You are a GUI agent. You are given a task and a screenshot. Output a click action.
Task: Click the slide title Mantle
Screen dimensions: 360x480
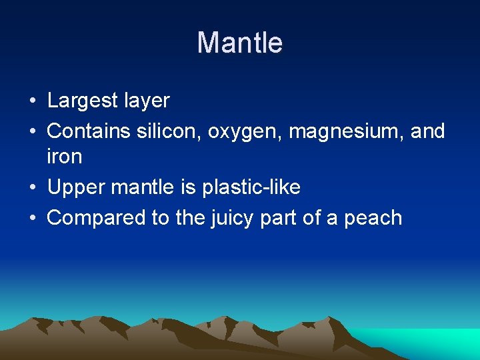click(x=240, y=43)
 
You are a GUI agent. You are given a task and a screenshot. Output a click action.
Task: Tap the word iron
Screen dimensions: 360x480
click(x=64, y=157)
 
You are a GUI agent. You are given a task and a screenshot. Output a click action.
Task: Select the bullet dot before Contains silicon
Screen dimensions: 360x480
click(x=31, y=132)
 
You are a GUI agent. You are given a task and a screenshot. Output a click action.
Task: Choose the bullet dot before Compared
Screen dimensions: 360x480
click(x=31, y=219)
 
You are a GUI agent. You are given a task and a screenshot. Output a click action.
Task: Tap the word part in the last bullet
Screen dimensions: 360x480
click(x=283, y=219)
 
